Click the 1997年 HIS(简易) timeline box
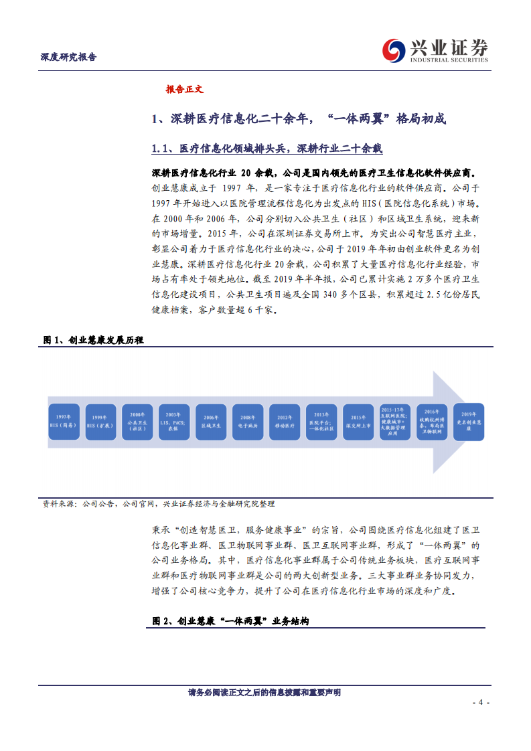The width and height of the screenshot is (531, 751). pos(64,422)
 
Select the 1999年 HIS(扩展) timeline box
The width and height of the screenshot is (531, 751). pos(101,422)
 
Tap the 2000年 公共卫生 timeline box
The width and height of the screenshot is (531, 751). pos(138,422)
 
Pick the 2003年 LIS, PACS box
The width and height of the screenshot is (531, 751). pos(175,422)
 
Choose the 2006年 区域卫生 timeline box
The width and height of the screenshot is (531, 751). pos(212,422)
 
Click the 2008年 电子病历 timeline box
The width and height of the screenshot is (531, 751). pos(248,422)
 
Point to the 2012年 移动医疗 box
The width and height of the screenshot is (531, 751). pos(285,422)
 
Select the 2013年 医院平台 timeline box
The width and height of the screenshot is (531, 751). pos(322,422)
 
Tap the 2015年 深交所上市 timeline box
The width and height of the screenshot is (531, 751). pos(359,422)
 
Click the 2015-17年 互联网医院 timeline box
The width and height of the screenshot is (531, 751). pos(396,422)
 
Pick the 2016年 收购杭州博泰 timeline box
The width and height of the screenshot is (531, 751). pos(433,422)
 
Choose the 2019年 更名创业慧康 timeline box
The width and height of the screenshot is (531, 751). pos(469,422)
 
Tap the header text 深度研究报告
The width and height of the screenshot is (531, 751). pos(68,57)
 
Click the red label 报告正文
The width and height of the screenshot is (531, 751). pos(184,89)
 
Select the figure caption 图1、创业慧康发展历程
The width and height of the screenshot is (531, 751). pos(94,340)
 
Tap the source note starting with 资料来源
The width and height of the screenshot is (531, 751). pos(158,504)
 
